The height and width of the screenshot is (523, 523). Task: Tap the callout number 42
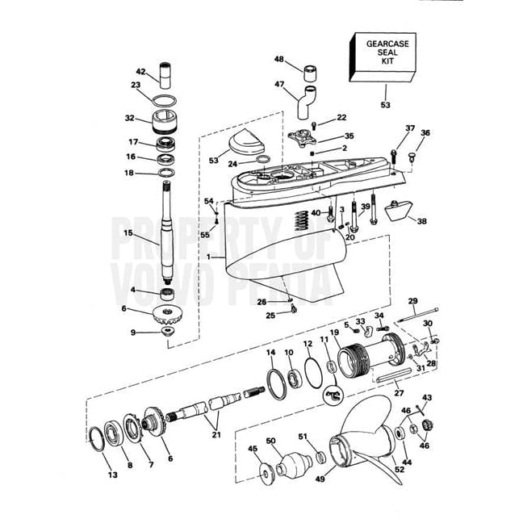[x=140, y=71]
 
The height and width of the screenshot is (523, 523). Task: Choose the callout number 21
[x=215, y=436]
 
